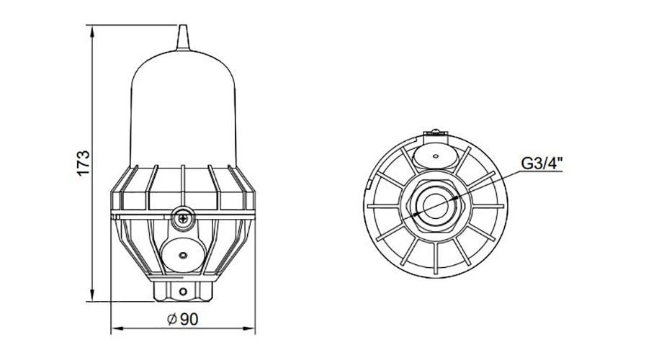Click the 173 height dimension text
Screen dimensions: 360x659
84,163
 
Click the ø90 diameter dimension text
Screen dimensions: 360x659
181,319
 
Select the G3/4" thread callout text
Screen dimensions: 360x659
542,163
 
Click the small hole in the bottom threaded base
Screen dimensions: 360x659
182,291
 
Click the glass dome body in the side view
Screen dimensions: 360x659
182,108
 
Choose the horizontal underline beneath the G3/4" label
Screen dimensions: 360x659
542,174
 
